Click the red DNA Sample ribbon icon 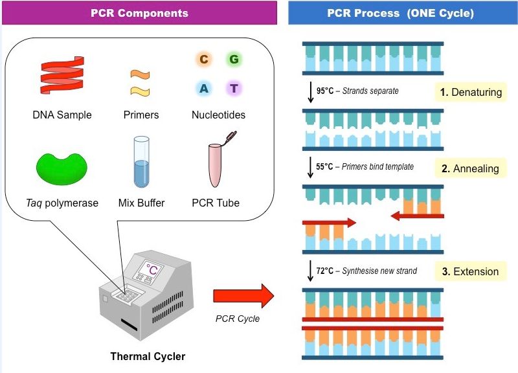(62, 75)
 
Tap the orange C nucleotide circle (204, 60)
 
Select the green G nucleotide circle (234, 60)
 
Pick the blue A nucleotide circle (204, 88)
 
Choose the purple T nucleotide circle (234, 88)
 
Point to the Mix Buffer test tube (141, 162)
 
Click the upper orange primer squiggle (140, 74)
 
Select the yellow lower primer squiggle (140, 91)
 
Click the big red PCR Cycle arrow (243, 296)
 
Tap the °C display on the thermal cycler (152, 270)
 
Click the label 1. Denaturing (471, 92)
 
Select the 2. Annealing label (470, 168)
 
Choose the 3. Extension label (470, 271)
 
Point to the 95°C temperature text (325, 91)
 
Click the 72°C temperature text (325, 271)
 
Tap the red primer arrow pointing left (417, 216)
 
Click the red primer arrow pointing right (330, 223)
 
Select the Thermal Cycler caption (148, 356)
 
